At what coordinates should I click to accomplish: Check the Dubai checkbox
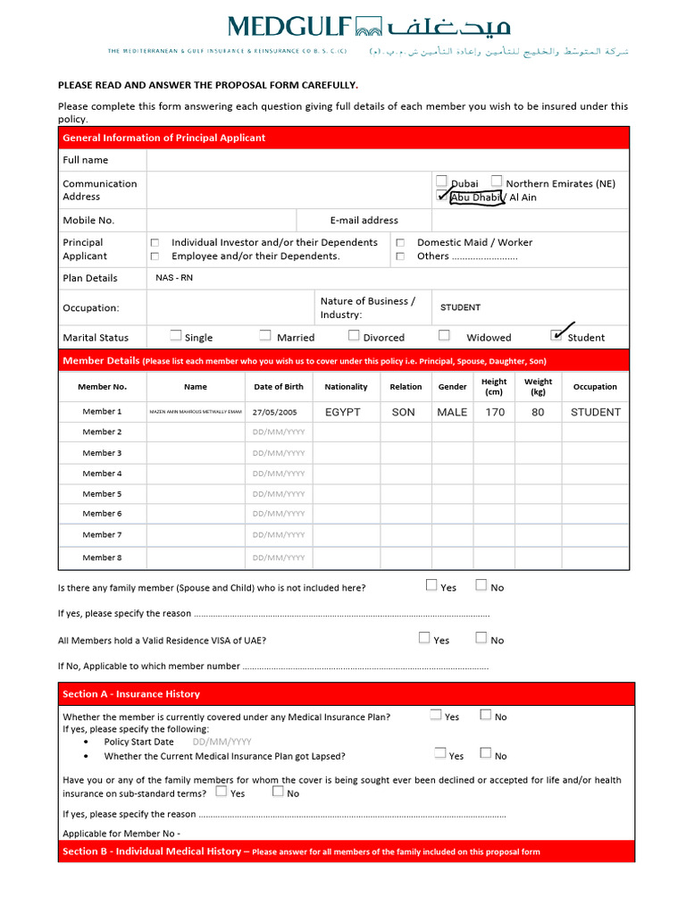click(x=441, y=181)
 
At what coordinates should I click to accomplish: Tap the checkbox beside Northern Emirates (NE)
click(x=497, y=181)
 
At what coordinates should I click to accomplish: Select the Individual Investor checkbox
click(x=155, y=243)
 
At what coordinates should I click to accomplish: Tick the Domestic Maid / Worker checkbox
click(x=400, y=243)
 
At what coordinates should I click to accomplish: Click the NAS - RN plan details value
click(x=174, y=278)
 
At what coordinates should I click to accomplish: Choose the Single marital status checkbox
click(x=176, y=336)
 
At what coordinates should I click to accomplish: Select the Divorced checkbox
click(x=354, y=336)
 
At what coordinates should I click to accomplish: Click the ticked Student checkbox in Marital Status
click(x=557, y=336)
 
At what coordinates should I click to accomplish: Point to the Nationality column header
click(x=346, y=387)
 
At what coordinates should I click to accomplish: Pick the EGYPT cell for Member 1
click(x=343, y=413)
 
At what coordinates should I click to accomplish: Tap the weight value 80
click(x=538, y=413)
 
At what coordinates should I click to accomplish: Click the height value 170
click(x=495, y=413)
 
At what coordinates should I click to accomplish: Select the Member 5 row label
click(x=102, y=494)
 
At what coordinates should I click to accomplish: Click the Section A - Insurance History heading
click(x=131, y=694)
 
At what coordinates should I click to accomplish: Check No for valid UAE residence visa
click(x=481, y=638)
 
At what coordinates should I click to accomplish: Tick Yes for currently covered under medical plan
click(x=436, y=715)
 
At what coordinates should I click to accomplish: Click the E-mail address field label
click(x=364, y=221)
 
